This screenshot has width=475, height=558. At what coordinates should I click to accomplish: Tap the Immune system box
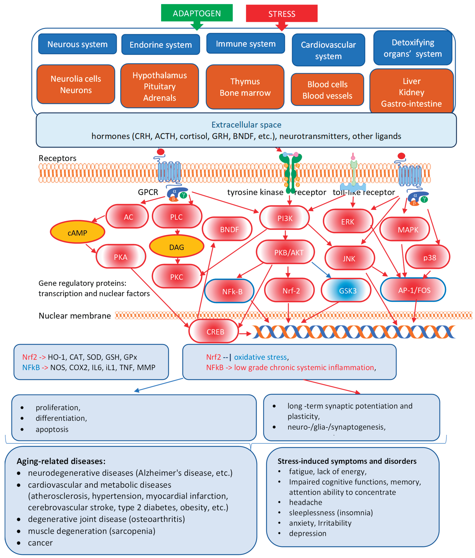coord(246,44)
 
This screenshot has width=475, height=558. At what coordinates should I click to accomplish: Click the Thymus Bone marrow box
coord(245,87)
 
